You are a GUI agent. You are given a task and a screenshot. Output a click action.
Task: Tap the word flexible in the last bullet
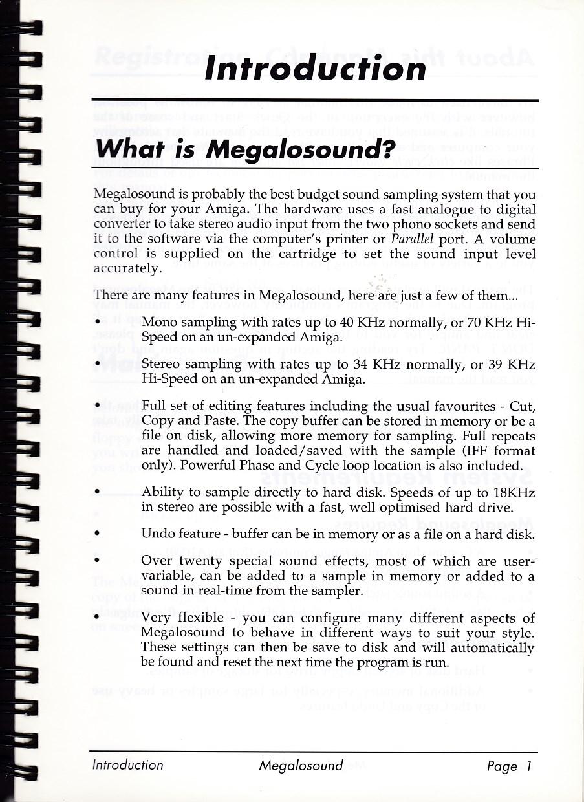pos(208,618)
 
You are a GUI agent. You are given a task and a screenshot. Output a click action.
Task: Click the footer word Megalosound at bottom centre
pos(301,766)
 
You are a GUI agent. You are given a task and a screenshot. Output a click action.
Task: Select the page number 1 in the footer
pos(528,766)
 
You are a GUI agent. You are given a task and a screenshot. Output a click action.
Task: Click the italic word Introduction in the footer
pos(128,765)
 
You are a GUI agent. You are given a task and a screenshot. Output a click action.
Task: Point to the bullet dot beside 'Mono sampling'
pos(97,321)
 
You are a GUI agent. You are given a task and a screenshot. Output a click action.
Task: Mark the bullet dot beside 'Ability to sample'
pos(97,493)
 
